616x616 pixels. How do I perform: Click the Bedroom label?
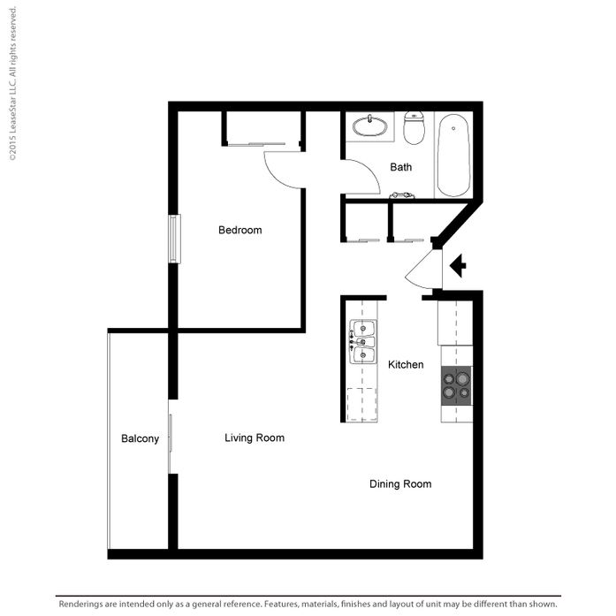240,230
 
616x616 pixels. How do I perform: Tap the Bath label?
400,167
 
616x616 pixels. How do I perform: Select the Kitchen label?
406,365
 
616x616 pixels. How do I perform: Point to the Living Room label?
255,438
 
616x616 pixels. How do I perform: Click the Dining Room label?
400,484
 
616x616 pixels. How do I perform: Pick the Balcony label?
140,439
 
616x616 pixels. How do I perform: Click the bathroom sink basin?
369,126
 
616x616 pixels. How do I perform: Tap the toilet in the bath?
414,127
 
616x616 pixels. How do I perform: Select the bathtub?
453,156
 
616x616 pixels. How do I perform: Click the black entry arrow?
458,265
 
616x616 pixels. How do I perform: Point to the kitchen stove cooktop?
457,386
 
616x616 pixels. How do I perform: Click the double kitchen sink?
363,342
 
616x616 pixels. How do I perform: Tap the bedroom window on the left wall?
174,239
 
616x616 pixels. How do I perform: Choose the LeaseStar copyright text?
12,83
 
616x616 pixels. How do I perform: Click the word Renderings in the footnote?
81,605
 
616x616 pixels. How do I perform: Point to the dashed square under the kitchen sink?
361,404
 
